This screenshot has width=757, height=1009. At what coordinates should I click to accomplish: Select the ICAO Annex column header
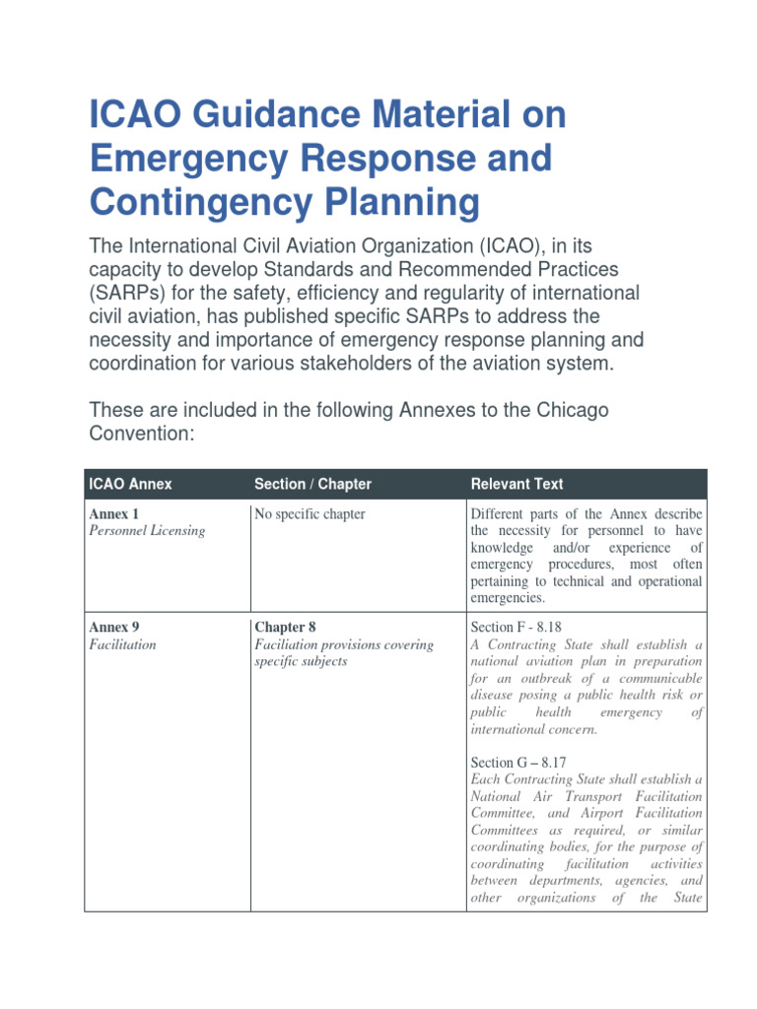[x=130, y=484]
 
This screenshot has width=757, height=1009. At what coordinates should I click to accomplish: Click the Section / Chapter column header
[x=312, y=484]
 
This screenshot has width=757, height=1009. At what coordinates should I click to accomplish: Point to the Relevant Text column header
[x=516, y=484]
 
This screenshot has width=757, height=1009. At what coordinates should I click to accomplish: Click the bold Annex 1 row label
[x=113, y=514]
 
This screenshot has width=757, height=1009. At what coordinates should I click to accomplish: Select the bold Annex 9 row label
[x=113, y=627]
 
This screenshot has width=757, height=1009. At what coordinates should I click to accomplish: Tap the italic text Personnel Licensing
[x=147, y=531]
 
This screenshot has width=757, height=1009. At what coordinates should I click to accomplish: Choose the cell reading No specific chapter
[x=310, y=514]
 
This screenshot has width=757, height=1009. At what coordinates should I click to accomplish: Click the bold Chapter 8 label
[x=285, y=627]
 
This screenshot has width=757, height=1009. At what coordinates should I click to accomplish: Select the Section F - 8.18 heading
[x=518, y=627]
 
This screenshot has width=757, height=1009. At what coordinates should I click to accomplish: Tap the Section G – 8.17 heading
[x=520, y=763]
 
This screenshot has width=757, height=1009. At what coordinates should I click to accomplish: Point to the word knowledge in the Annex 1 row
[x=503, y=548]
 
